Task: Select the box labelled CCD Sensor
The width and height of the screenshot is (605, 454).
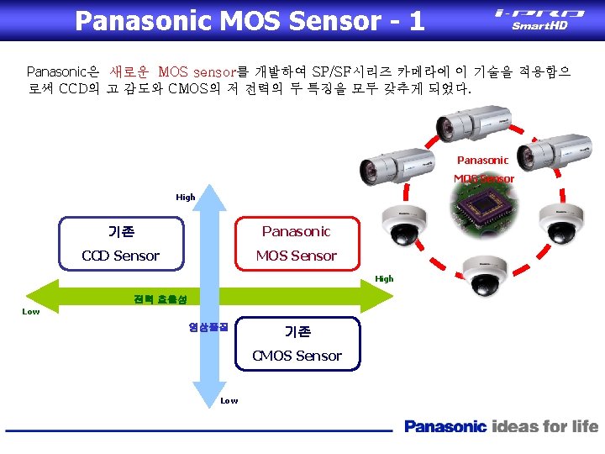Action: click(x=120, y=244)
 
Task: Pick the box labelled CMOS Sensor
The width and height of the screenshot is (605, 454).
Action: click(x=297, y=343)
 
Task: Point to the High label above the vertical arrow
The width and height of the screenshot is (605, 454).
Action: click(x=186, y=198)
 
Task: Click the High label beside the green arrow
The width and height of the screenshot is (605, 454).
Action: click(x=384, y=279)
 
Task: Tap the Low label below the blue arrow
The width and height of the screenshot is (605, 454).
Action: click(x=229, y=401)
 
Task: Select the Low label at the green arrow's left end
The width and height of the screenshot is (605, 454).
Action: click(x=30, y=312)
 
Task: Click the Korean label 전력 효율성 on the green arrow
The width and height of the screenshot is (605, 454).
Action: click(x=154, y=299)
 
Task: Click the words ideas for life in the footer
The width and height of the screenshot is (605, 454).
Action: click(x=545, y=426)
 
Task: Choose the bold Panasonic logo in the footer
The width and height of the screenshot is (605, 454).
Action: click(x=445, y=426)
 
